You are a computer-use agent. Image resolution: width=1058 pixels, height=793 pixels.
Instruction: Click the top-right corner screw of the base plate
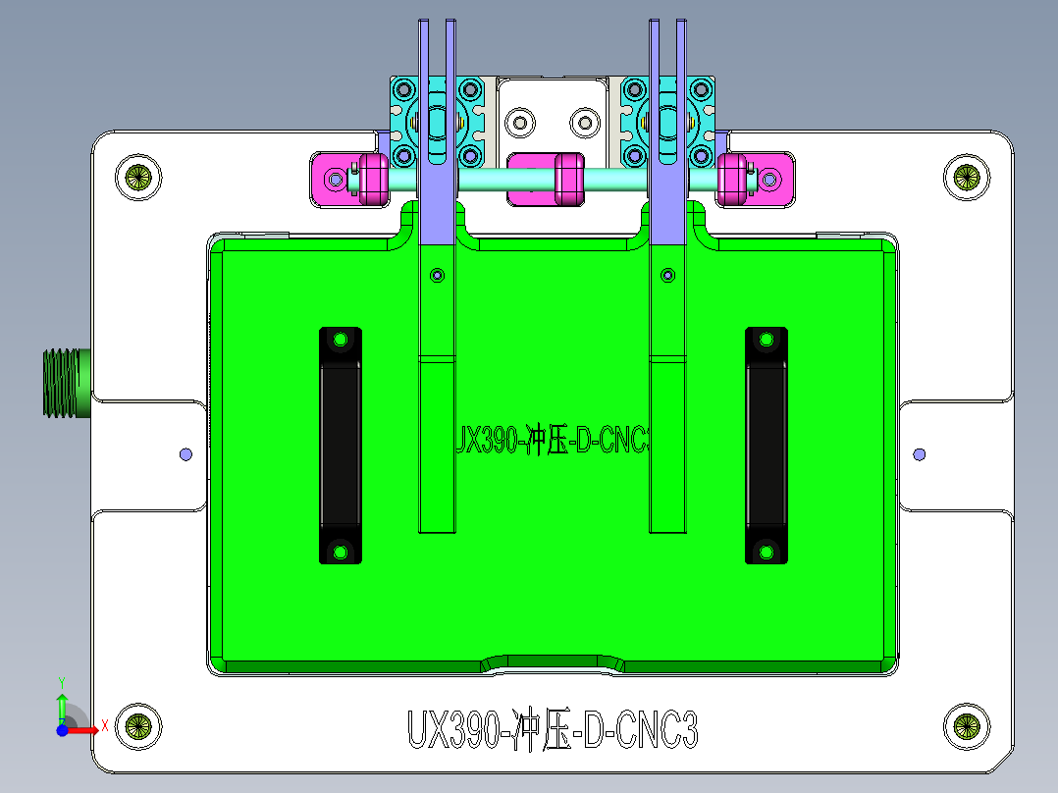coord(967,177)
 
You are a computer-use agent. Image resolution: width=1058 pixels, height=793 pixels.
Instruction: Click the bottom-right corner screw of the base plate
coord(967,727)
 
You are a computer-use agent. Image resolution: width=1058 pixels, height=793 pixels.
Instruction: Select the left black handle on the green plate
coord(341,445)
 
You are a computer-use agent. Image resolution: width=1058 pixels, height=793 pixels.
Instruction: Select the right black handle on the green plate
coord(766,445)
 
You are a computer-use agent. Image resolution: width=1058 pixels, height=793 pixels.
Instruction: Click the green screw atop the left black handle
coord(341,340)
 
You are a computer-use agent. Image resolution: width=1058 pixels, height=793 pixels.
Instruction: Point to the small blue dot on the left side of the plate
coord(185,454)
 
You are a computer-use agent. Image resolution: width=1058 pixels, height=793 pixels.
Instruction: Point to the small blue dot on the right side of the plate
coord(920,454)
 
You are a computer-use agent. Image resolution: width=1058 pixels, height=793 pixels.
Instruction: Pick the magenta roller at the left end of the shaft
coord(372,179)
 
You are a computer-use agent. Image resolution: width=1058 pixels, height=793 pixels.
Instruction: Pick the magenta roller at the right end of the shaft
coord(730,179)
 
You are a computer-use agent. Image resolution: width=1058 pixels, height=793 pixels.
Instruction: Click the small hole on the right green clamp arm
coord(668,275)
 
